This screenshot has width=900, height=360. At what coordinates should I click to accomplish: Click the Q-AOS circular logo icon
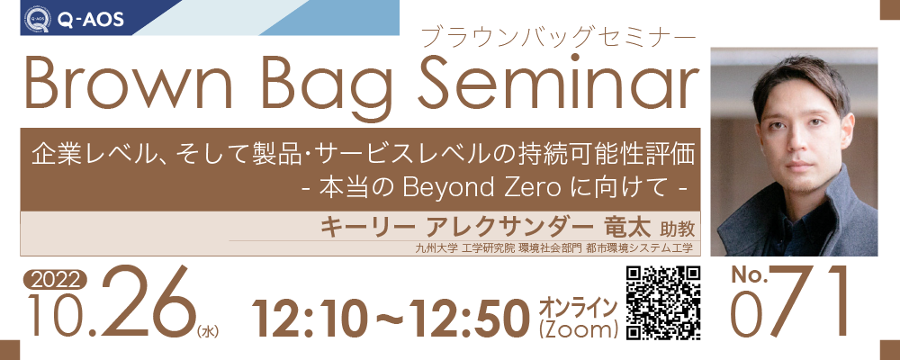[37, 19]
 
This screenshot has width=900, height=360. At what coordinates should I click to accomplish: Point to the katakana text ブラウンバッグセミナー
[558, 37]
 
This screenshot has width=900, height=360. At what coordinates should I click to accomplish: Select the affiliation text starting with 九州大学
[554, 248]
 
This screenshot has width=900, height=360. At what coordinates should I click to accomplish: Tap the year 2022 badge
[55, 280]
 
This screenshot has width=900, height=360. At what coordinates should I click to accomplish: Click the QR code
[663, 302]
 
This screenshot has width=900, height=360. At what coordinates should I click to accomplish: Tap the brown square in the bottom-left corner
[10, 350]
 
